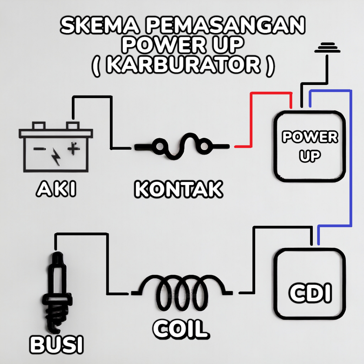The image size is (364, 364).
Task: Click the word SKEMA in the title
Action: click(x=100, y=25)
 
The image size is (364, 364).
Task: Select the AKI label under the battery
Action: click(x=56, y=189)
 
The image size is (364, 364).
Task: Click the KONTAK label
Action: click(x=178, y=189)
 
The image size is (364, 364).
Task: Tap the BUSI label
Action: click(x=57, y=344)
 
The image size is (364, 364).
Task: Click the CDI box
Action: click(x=310, y=284)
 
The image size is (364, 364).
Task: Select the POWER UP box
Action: click(x=310, y=146)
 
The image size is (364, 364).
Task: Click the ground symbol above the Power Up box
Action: click(x=327, y=48)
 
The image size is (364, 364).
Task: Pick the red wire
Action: click(x=251, y=121)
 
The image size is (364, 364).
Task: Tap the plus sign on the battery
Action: click(x=74, y=148)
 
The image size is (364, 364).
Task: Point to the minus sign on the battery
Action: click(x=38, y=149)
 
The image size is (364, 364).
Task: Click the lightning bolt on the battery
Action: click(x=56, y=157)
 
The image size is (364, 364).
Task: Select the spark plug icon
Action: click(x=57, y=293)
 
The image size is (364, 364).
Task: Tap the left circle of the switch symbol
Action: click(x=159, y=146)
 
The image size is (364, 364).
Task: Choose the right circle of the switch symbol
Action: click(x=204, y=146)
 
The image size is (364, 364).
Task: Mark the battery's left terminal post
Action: click(x=39, y=125)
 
